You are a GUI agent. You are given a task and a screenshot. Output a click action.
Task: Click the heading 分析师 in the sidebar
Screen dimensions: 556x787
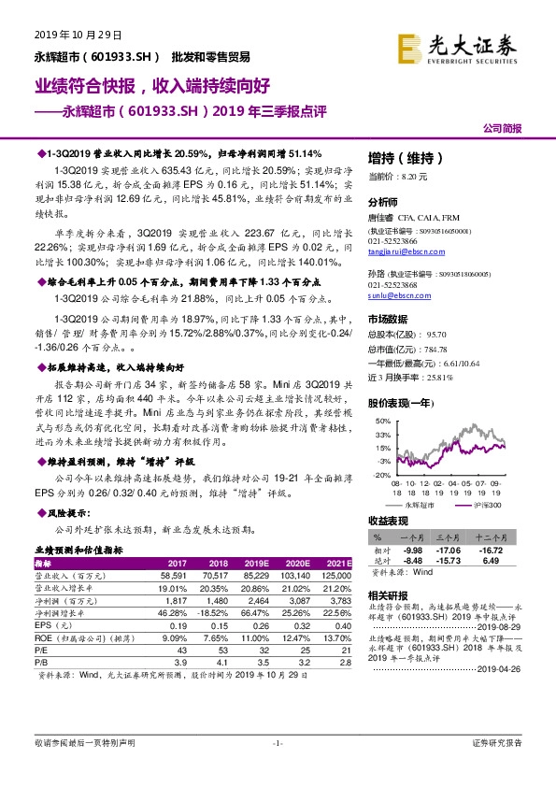[x=383, y=202]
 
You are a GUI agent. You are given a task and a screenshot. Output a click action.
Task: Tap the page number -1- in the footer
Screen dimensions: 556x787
[x=278, y=768]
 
